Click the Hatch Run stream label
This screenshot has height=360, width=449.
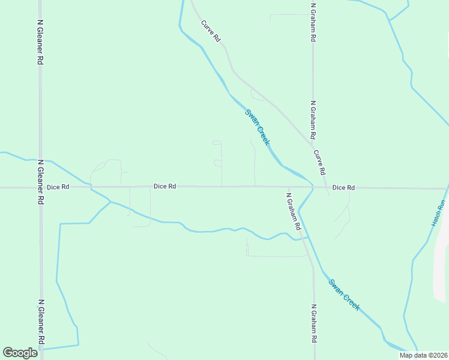click(438, 212)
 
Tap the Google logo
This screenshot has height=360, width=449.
click(20, 353)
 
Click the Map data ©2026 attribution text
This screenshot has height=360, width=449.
click(423, 355)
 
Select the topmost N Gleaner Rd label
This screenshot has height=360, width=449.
click(40, 42)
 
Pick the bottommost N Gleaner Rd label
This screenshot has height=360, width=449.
click(40, 322)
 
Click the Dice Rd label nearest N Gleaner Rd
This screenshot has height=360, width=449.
click(58, 187)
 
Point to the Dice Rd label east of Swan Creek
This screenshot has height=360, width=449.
click(343, 188)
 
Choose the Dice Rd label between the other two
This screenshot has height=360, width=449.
click(164, 187)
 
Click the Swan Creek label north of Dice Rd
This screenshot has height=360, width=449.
click(258, 127)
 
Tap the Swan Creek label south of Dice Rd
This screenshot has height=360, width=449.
click(345, 294)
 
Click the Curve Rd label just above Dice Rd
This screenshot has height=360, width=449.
click(320, 162)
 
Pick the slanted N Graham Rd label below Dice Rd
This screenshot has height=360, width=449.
click(293, 212)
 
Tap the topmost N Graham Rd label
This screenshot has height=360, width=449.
click(313, 23)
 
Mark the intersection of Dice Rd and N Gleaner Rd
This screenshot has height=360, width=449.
click(40, 187)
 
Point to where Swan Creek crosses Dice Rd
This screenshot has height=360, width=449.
click(312, 187)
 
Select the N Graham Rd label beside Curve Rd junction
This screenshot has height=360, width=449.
click(313, 120)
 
